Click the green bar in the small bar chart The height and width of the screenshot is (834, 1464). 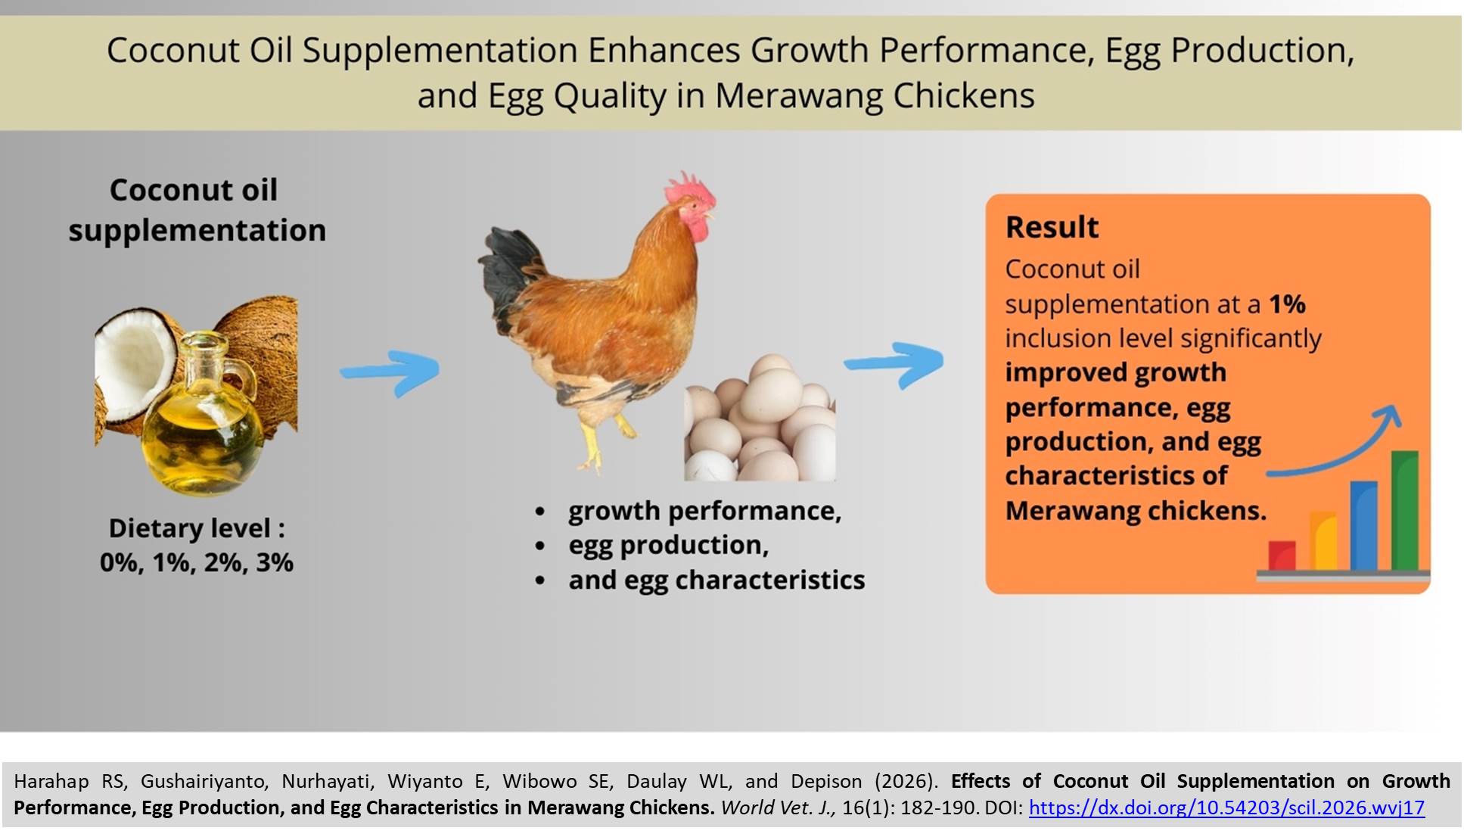coord(1404,511)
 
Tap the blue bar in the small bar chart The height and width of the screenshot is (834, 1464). coord(1363,526)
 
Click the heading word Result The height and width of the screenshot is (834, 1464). coord(1052,227)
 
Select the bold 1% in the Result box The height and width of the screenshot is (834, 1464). coord(1287,304)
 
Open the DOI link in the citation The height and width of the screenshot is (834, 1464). coord(1226,808)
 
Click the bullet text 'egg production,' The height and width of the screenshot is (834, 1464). coord(668,545)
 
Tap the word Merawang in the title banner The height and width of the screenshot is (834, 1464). coord(798,96)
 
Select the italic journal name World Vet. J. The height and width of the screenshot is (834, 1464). coord(778,808)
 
